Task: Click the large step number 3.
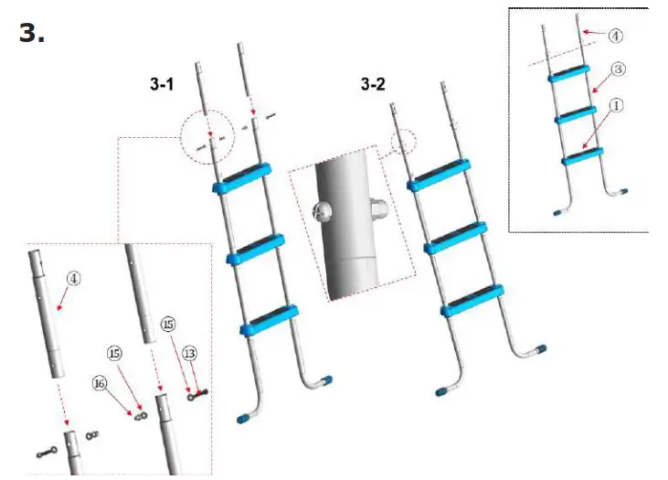click(x=32, y=33)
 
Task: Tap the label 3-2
click(x=374, y=86)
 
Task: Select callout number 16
click(x=98, y=384)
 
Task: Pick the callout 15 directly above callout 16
click(x=114, y=353)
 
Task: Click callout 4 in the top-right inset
click(x=615, y=37)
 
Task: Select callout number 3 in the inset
click(x=618, y=69)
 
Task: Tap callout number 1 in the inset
click(x=615, y=105)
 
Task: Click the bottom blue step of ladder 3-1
click(x=269, y=316)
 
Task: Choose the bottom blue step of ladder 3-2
click(x=471, y=303)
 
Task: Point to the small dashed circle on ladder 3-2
click(x=403, y=141)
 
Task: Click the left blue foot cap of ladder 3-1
click(x=244, y=419)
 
